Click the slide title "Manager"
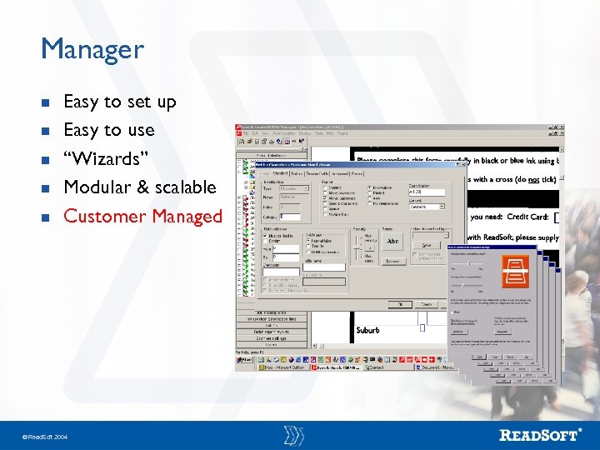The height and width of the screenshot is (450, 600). (x=92, y=49)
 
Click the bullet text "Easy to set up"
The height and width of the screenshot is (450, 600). (x=119, y=102)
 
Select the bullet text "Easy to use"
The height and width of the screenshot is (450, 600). (x=108, y=130)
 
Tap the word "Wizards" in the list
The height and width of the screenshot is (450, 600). (x=106, y=158)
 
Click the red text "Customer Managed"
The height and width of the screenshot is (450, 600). (x=142, y=216)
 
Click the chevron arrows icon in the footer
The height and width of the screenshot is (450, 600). (x=293, y=434)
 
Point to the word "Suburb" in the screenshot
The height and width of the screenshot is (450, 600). (x=367, y=330)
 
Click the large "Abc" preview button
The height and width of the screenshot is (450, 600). (x=392, y=242)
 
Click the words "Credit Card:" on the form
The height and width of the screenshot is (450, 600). (x=527, y=216)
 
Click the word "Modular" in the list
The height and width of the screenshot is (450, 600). (x=94, y=187)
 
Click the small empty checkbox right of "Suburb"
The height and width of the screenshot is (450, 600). (x=422, y=328)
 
